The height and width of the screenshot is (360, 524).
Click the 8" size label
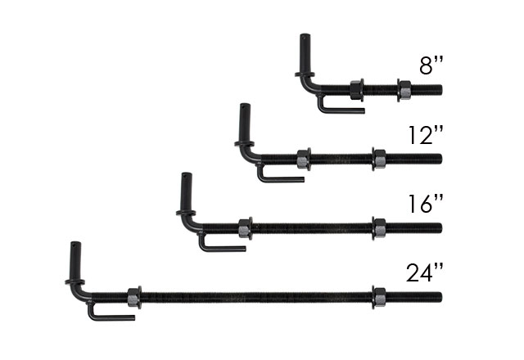click(x=431, y=65)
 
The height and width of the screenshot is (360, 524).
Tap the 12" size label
click(x=426, y=135)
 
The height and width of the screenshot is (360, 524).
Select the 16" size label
click(x=426, y=204)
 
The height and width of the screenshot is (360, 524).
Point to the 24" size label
click(x=425, y=272)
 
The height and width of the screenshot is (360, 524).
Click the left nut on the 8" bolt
click(x=357, y=90)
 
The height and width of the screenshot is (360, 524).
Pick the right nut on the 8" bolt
click(x=404, y=90)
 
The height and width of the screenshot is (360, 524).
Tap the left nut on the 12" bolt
click(x=304, y=159)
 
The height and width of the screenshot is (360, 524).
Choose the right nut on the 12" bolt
click(x=379, y=159)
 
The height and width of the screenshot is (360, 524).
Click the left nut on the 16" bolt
click(x=246, y=228)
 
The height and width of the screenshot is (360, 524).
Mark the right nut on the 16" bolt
click(x=379, y=228)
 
